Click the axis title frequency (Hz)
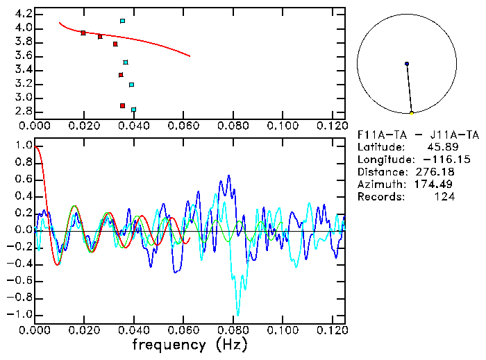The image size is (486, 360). click(190, 345)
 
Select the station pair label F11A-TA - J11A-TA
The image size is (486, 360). click(418, 135)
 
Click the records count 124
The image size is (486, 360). click(445, 197)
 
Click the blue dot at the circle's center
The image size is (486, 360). click(407, 64)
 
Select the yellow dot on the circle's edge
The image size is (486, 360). click(412, 113)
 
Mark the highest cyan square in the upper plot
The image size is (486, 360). click(123, 21)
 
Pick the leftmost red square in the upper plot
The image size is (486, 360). click(83, 33)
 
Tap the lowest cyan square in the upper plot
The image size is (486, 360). click(134, 110)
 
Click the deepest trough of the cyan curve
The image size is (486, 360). click(237, 314)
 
